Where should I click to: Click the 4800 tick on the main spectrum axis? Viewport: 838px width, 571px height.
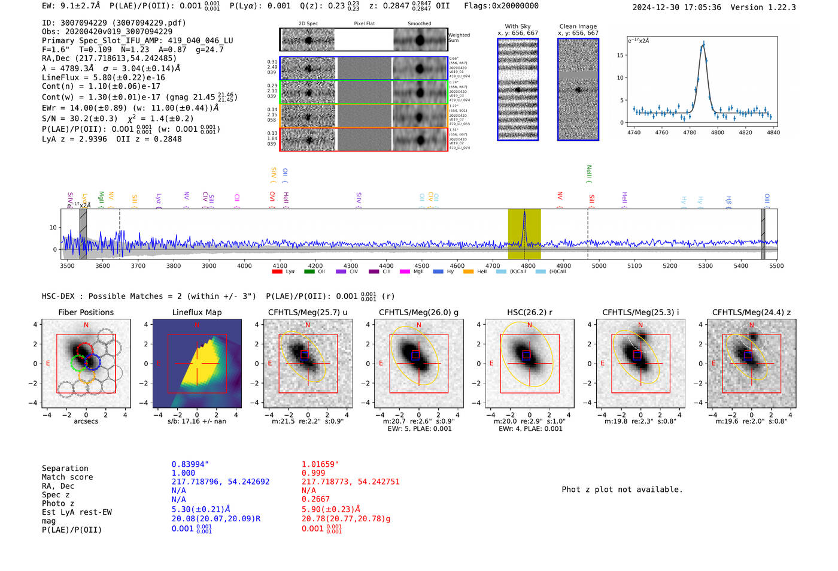(528, 265)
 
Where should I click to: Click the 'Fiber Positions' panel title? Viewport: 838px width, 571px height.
(86, 312)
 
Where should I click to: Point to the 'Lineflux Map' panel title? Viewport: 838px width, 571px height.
(196, 312)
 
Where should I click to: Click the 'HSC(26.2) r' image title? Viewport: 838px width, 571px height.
(529, 312)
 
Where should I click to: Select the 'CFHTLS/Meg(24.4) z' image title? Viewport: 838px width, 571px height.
(751, 312)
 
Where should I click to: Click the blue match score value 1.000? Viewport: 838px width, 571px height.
(183, 473)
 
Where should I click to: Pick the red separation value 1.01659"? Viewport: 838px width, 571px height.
(320, 464)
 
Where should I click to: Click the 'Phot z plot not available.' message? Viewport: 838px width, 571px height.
(622, 490)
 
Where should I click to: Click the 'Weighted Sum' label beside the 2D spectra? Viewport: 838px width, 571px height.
(459, 38)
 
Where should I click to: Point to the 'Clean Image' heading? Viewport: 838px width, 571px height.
(578, 26)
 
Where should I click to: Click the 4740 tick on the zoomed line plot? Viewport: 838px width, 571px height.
(633, 132)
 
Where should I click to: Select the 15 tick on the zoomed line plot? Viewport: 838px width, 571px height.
(620, 55)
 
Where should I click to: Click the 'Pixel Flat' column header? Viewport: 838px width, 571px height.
(364, 23)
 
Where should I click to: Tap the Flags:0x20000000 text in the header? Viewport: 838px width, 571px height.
(501, 6)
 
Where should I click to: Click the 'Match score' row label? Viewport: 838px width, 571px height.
(67, 477)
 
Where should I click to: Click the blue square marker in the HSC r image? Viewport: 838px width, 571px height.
(526, 355)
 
